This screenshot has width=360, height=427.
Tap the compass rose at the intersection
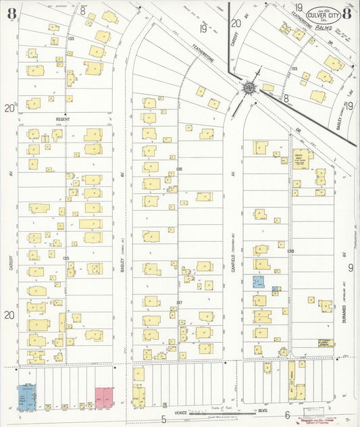[x=249, y=87]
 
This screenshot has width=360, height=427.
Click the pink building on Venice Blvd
[x=104, y=396]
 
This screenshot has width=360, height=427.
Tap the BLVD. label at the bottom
[x=263, y=410]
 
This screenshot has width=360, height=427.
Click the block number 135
[x=66, y=258]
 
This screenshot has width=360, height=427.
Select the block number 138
[x=291, y=251]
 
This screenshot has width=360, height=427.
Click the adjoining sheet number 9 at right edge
[x=351, y=268]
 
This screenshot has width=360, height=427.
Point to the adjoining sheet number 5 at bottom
[x=163, y=419]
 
